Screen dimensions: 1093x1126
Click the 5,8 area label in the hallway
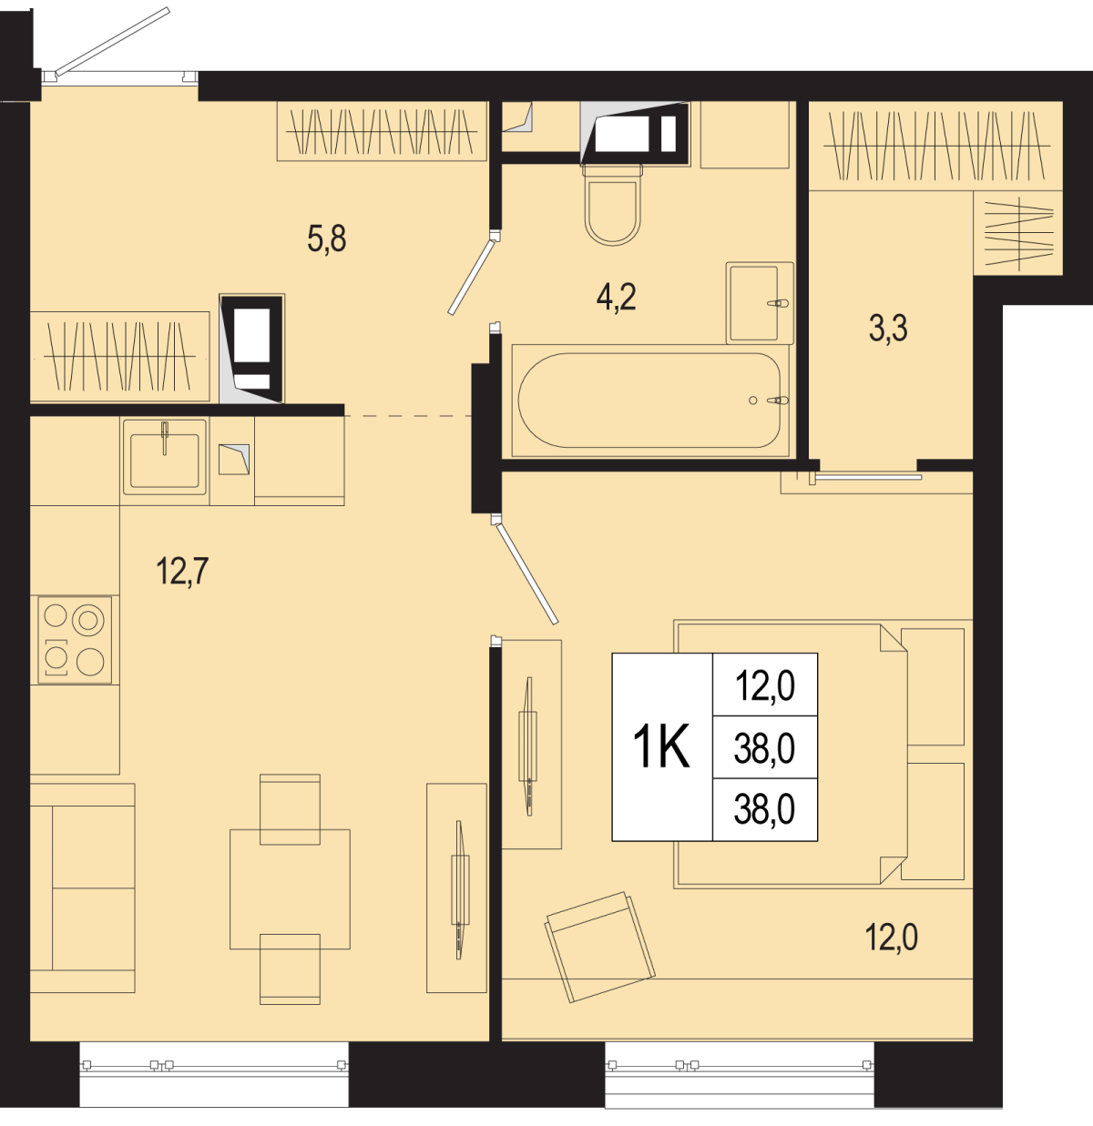326,238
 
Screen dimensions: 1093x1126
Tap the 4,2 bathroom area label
616,298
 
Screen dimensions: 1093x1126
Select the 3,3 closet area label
888,328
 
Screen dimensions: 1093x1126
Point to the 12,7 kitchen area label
182,571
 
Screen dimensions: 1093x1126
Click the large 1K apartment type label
661,747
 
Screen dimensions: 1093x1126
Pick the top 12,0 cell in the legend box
765,686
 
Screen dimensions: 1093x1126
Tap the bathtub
649,401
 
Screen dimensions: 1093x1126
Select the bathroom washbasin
760,303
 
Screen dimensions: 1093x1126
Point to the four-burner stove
75,640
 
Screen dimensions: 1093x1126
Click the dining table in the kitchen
290,889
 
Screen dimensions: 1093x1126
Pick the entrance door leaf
112,42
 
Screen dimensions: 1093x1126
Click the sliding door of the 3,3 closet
868,477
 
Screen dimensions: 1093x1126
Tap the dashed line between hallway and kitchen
407,415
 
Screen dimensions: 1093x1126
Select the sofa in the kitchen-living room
82,888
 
